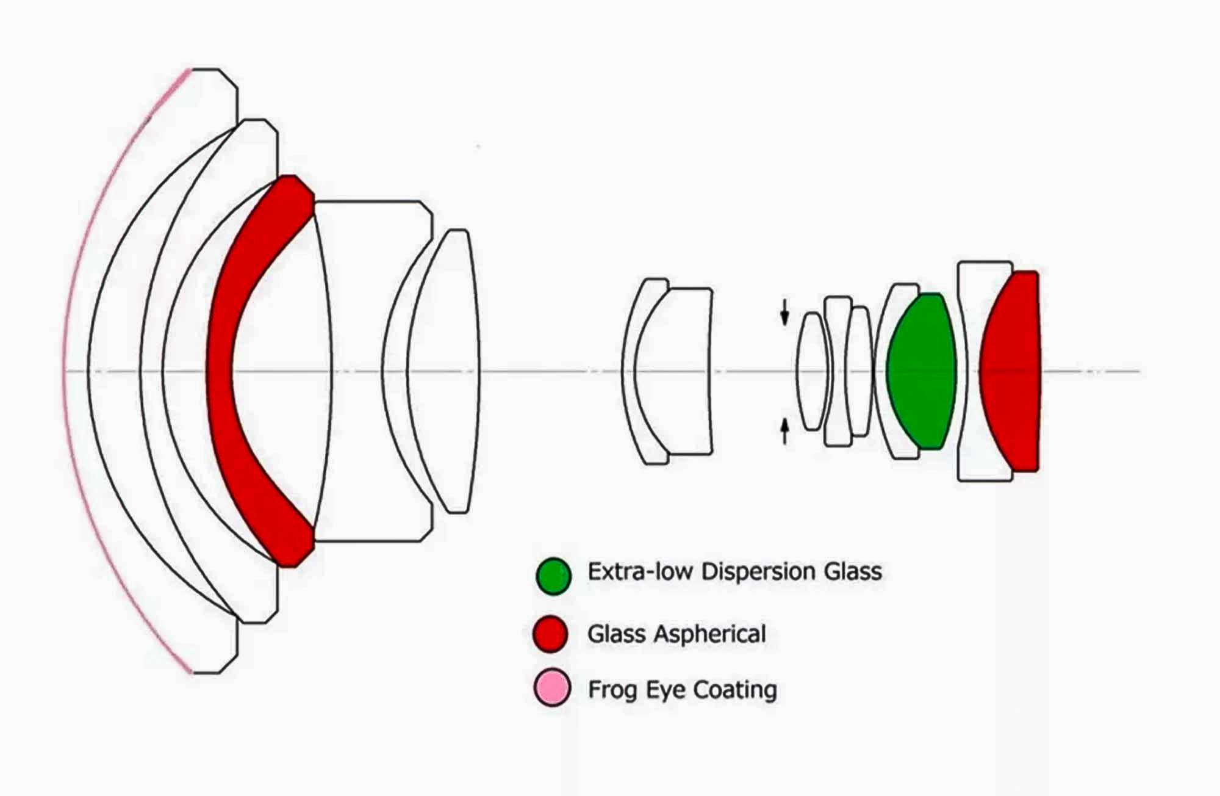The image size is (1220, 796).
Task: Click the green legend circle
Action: coord(553,576)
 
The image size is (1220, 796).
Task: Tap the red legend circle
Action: coord(550,634)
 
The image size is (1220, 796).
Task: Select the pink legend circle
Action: coord(552,688)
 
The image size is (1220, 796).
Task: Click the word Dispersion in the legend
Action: coord(759,572)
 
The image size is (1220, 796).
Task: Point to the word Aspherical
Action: coord(710,634)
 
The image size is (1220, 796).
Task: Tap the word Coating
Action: coord(735,690)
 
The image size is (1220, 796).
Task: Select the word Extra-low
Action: coord(640,571)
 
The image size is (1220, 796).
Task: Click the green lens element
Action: coord(921,371)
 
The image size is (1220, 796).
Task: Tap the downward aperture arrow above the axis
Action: coord(784,312)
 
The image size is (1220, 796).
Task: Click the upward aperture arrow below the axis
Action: coord(784,431)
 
